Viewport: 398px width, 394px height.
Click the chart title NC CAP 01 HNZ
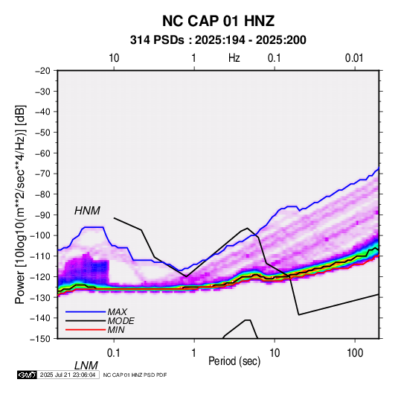click(218, 21)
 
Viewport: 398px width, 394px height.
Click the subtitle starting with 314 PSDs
click(218, 40)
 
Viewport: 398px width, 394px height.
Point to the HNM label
click(87, 211)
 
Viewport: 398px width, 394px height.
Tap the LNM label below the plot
click(86, 366)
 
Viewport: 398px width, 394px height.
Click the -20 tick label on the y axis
click(42, 71)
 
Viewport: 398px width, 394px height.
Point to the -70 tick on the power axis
click(42, 174)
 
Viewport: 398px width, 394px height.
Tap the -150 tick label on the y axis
click(40, 339)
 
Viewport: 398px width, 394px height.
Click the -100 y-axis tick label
click(40, 235)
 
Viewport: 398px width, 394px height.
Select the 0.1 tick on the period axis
click(114, 353)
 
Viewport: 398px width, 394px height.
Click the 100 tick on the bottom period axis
click(355, 353)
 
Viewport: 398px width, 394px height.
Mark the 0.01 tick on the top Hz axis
click(354, 58)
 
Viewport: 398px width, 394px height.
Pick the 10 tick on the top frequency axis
click(114, 58)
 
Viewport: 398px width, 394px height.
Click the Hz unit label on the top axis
click(234, 58)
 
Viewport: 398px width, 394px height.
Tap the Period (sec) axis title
click(234, 361)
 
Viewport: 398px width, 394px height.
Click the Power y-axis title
click(20, 204)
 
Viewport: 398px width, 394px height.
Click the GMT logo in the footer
click(27, 375)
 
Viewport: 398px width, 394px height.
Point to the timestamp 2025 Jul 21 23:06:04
click(68, 375)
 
